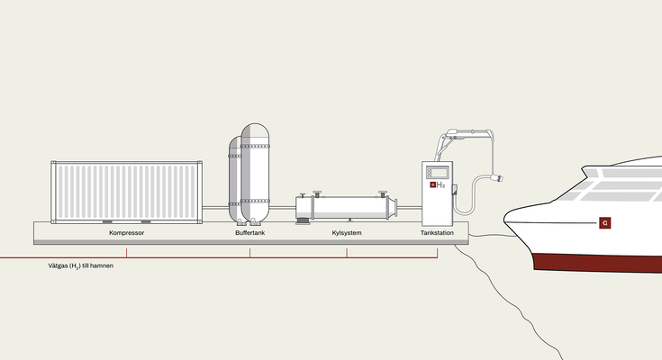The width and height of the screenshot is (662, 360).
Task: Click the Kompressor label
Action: [x=126, y=233]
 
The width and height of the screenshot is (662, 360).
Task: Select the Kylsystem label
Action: [x=346, y=233]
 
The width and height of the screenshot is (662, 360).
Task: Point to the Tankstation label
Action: [x=438, y=233]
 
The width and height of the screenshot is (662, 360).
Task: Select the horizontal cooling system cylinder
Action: [x=347, y=206]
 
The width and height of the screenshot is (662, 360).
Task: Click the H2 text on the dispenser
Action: [x=442, y=184]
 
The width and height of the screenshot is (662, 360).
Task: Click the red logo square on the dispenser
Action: [x=432, y=184]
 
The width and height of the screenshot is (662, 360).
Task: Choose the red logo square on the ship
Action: [x=605, y=222]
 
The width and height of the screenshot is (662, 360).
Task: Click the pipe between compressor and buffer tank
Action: [x=214, y=209]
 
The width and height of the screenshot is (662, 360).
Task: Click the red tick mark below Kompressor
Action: [x=126, y=252]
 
